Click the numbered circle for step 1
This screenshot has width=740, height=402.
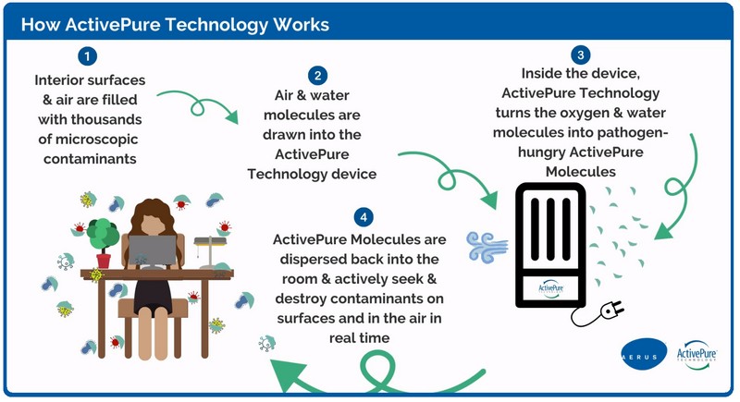point(87,56)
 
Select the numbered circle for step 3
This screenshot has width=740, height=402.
point(580,55)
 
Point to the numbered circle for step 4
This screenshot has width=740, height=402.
point(364,218)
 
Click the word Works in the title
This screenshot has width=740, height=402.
point(297,22)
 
